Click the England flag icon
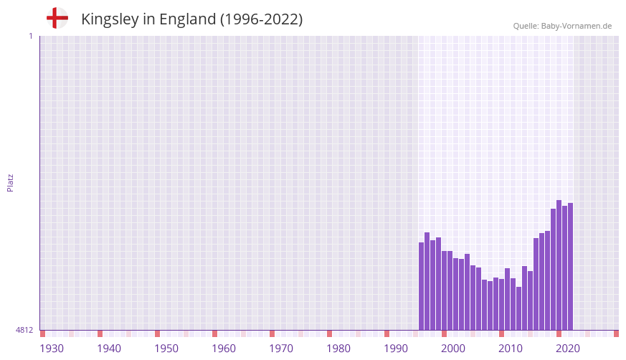point(57,19)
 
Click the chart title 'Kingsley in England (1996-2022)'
point(191,19)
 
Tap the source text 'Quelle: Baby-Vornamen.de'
point(562,26)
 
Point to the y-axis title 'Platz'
point(10,182)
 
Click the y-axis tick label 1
point(30,36)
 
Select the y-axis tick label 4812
point(24,330)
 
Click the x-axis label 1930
point(52,349)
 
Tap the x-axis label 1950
point(166,349)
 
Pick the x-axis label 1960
point(224,349)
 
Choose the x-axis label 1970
point(281,349)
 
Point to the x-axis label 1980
point(338,349)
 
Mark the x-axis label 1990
point(396,349)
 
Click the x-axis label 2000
point(453,349)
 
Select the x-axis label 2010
point(511,349)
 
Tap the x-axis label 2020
point(568,349)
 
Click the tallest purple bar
point(559,265)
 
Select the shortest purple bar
point(519,308)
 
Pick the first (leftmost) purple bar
point(422,286)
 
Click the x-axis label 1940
point(109,349)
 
